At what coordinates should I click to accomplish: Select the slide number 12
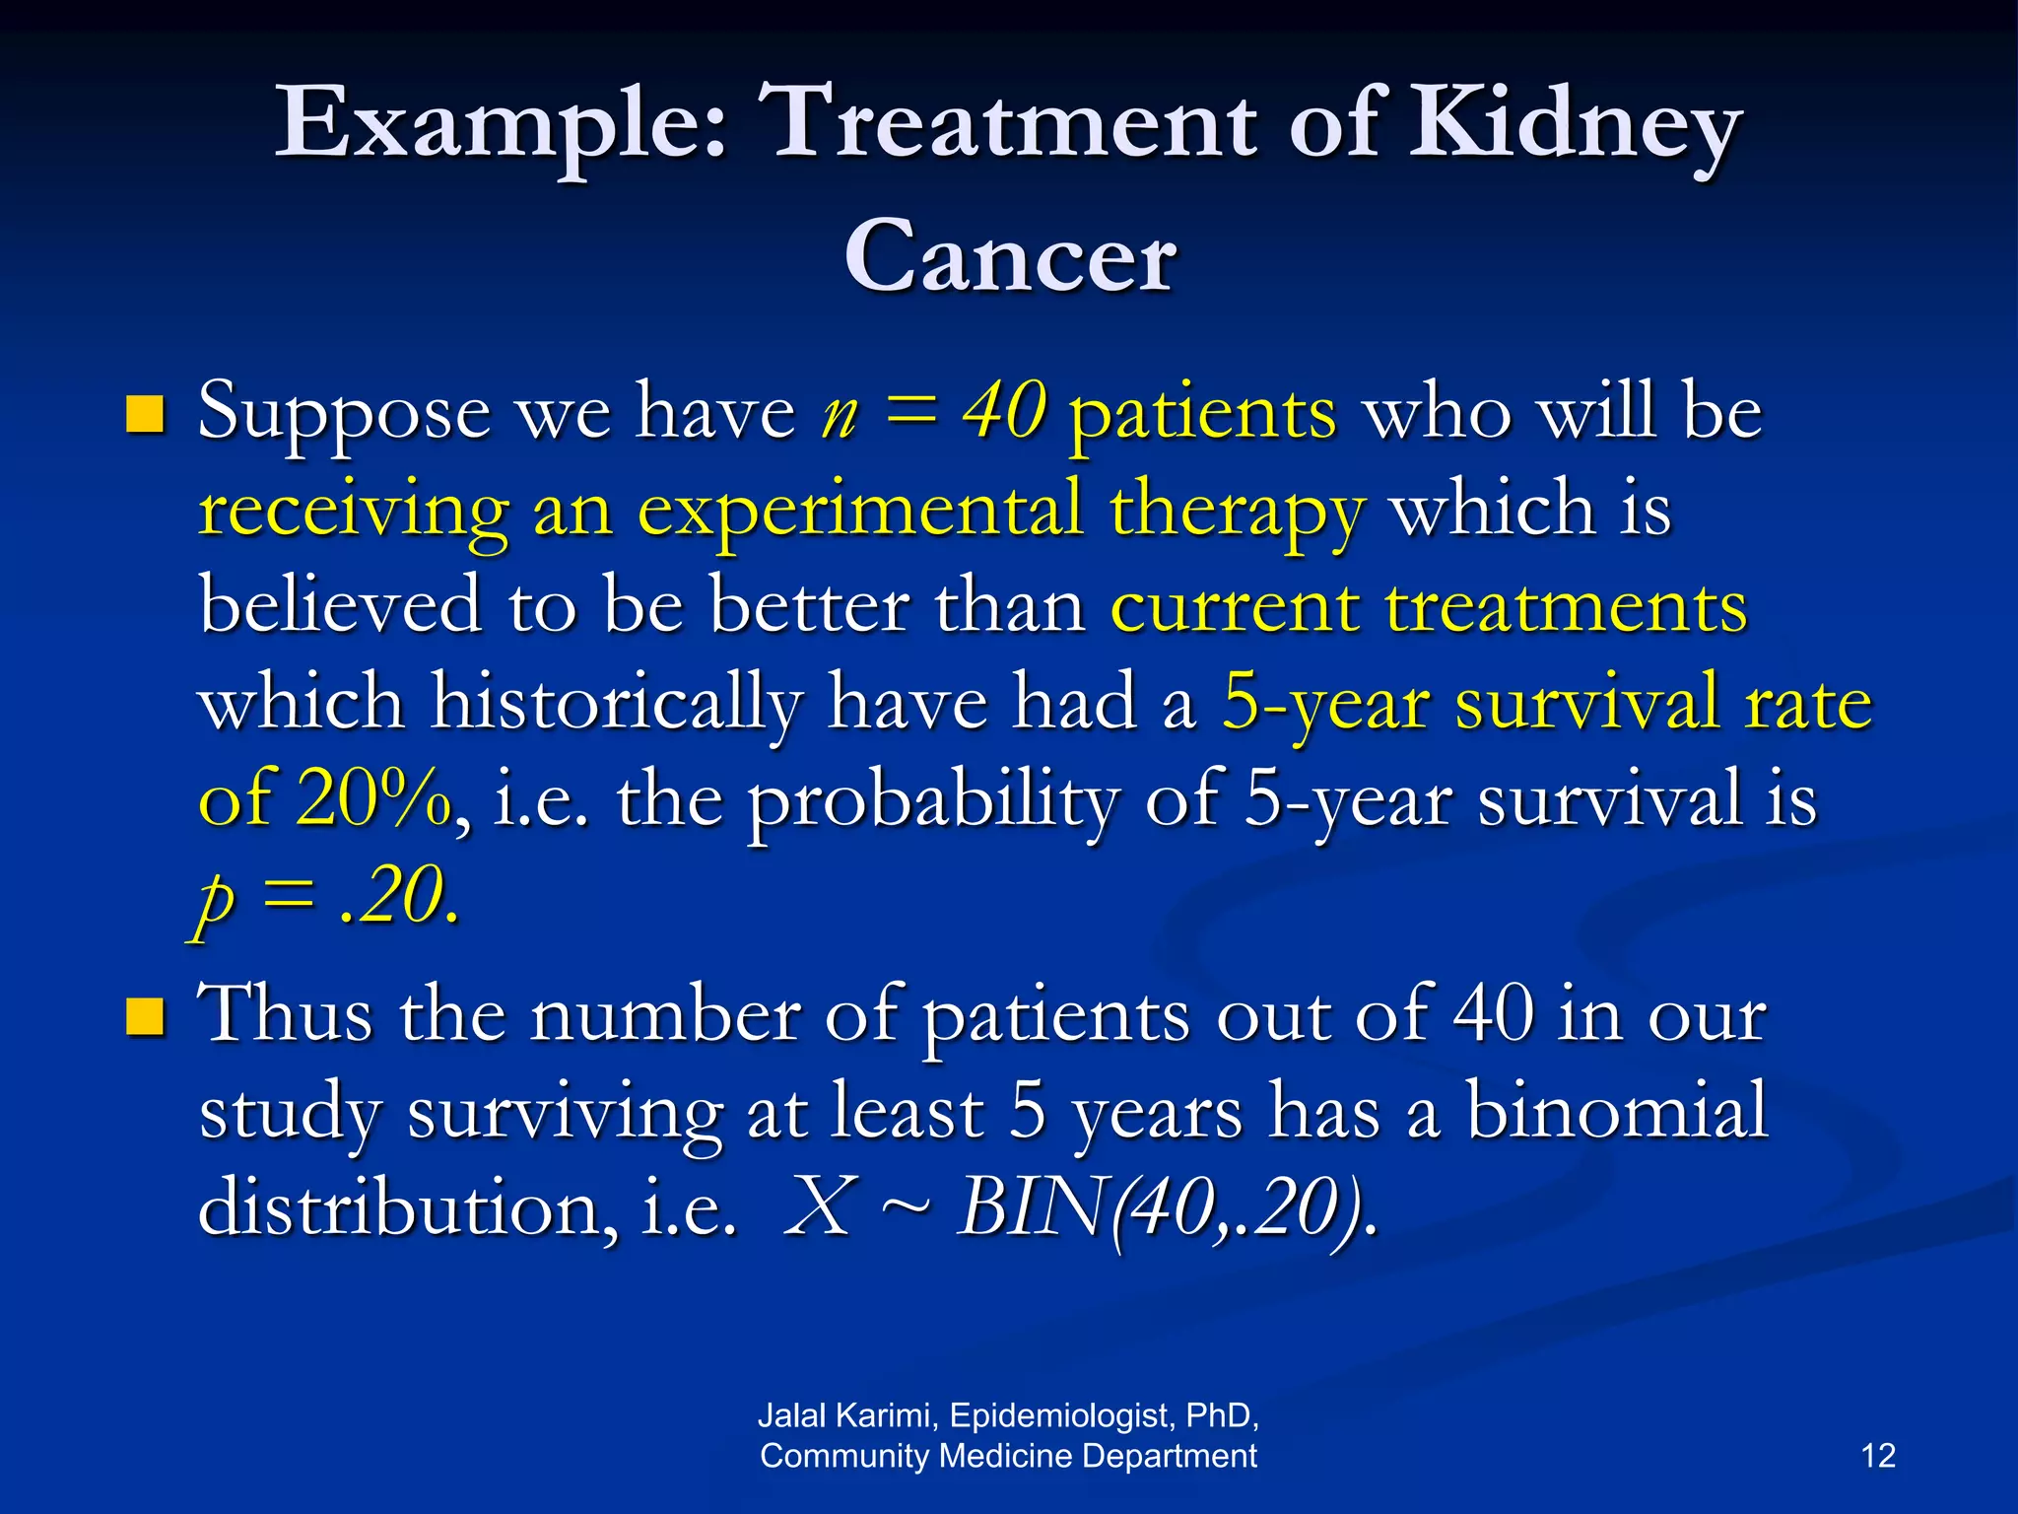click(1878, 1456)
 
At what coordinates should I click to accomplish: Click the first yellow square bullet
click(145, 415)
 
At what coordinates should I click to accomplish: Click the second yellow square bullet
click(145, 1017)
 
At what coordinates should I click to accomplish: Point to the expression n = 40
click(932, 411)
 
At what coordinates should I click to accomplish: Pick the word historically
click(617, 704)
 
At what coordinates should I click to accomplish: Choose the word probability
click(932, 799)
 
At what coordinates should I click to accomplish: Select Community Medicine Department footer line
click(1008, 1456)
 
